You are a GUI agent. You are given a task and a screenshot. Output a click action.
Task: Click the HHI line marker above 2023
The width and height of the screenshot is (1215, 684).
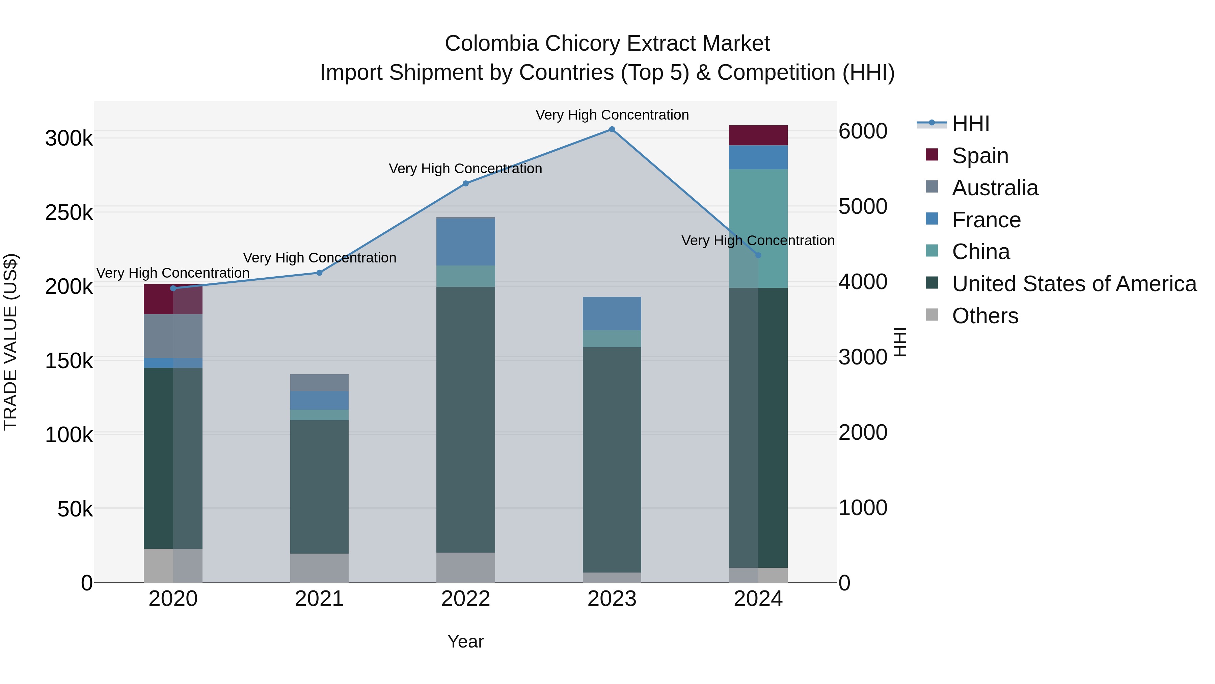click(x=612, y=129)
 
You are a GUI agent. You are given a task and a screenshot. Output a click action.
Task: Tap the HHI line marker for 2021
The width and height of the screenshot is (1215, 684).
click(x=319, y=273)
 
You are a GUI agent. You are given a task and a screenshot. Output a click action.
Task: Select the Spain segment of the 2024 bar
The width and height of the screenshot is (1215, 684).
click(x=758, y=135)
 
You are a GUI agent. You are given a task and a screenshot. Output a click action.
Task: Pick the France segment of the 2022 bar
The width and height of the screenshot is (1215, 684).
click(x=465, y=242)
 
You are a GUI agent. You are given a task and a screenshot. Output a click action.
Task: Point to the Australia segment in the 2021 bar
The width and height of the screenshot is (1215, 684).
click(x=319, y=382)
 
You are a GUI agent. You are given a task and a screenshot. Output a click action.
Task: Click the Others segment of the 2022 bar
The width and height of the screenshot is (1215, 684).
click(x=465, y=567)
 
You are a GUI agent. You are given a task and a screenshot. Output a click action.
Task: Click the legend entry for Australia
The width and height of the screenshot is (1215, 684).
click(x=995, y=188)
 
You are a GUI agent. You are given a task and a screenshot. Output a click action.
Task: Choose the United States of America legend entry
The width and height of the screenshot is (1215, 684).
click(x=1074, y=284)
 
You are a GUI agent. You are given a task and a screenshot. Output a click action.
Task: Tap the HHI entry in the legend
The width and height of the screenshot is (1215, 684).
click(x=970, y=124)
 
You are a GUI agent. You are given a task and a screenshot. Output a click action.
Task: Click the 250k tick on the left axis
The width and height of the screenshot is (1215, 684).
click(x=69, y=213)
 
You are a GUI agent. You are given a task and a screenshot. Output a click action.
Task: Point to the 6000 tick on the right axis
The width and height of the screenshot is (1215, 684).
click(x=863, y=131)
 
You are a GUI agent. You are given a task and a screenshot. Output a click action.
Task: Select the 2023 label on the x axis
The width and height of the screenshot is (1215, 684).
click(x=612, y=599)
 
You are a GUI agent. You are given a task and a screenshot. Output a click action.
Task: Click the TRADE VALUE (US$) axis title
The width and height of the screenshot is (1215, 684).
click(x=10, y=342)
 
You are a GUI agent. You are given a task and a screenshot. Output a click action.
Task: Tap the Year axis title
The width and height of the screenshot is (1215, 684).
click(x=465, y=641)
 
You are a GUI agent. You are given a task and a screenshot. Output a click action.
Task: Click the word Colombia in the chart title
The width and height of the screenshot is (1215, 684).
click(x=485, y=44)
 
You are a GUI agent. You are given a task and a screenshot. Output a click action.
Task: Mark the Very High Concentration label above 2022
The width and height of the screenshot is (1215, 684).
click(x=465, y=169)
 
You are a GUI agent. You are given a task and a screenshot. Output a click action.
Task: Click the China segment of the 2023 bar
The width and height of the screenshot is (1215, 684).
click(x=612, y=339)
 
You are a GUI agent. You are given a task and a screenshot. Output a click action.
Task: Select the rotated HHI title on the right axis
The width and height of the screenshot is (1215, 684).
click(x=900, y=342)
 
